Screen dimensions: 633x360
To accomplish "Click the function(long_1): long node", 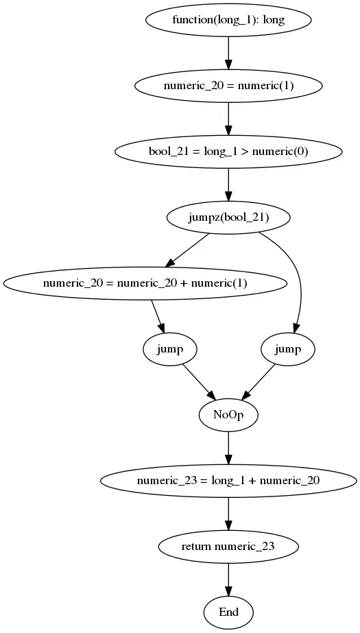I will [228, 20].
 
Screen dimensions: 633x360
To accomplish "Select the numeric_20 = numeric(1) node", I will [228, 86].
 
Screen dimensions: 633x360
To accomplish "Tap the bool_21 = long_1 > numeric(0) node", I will [228, 152].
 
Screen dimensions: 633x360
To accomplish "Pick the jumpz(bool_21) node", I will [228, 217].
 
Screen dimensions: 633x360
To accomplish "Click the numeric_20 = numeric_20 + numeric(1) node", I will [145, 283].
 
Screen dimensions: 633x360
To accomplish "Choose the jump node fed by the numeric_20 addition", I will [169, 349].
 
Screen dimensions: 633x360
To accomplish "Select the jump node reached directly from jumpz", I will [287, 349].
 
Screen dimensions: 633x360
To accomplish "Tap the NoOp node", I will [228, 415].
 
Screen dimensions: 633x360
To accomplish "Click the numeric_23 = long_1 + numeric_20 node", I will [228, 481].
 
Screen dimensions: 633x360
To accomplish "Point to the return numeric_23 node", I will [228, 547].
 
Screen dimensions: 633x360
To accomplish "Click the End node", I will [228, 612].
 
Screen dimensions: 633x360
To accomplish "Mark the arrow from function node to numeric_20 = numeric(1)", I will [228, 52].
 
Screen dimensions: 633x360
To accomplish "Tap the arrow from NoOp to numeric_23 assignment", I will [228, 447].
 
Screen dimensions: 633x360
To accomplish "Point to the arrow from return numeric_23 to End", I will [228, 579].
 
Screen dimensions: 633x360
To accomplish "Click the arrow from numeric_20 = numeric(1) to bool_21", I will [228, 118].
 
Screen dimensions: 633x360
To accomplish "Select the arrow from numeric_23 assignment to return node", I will [228, 513].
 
